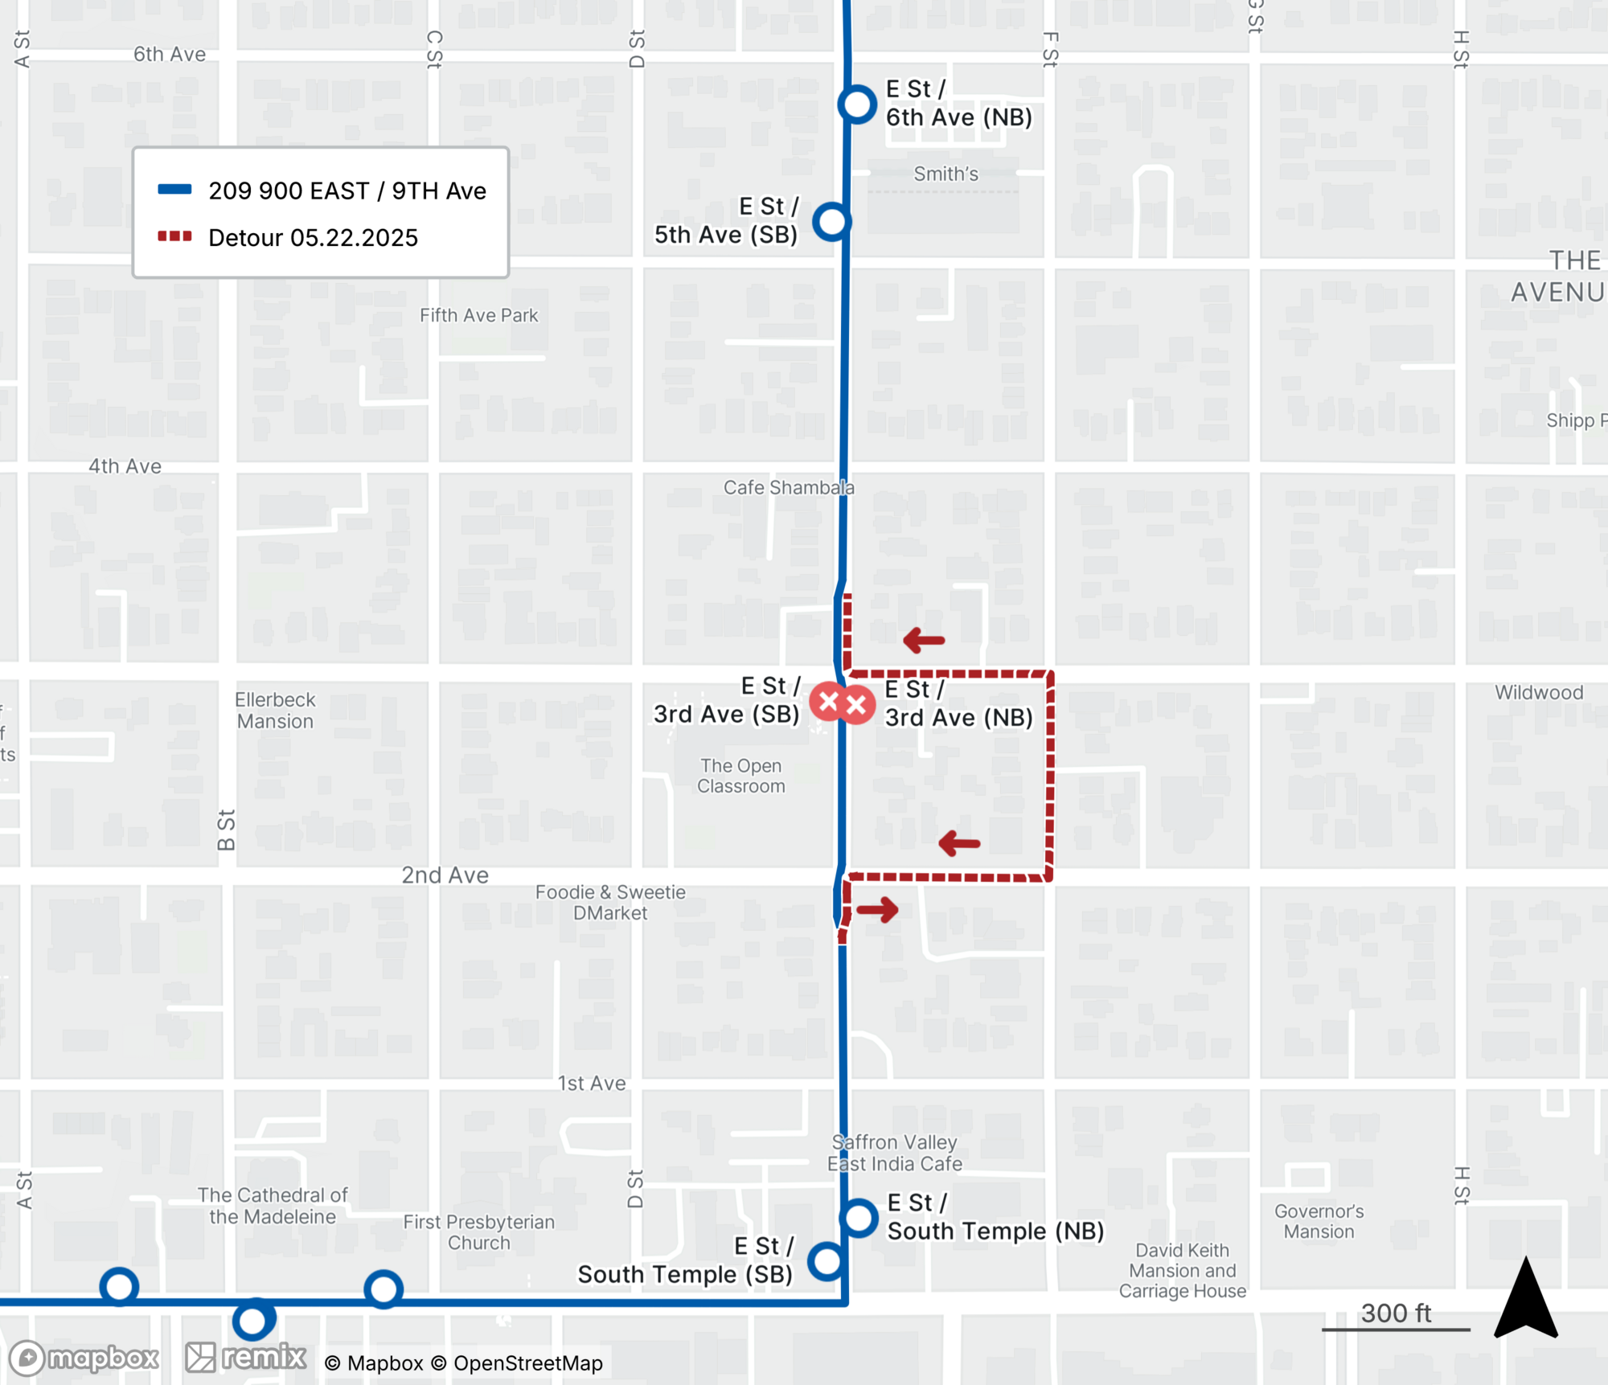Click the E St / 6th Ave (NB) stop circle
tap(857, 104)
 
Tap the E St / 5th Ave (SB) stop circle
tap(831, 221)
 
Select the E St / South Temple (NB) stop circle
tap(859, 1218)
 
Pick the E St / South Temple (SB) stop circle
tap(827, 1261)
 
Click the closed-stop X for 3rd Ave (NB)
tap(857, 706)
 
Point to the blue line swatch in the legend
tap(174, 190)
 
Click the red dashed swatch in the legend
tap(174, 236)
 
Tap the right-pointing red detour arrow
tap(877, 910)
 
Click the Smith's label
tap(946, 174)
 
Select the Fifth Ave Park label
tap(478, 315)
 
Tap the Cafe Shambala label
tap(788, 487)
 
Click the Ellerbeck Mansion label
tap(275, 711)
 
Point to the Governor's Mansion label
tap(1319, 1221)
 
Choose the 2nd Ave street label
tap(445, 875)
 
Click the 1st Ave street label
tap(592, 1084)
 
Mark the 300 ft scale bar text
tap(1396, 1313)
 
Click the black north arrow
tap(1525, 1299)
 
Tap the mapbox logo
tap(84, 1358)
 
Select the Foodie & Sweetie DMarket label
tap(610, 903)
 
